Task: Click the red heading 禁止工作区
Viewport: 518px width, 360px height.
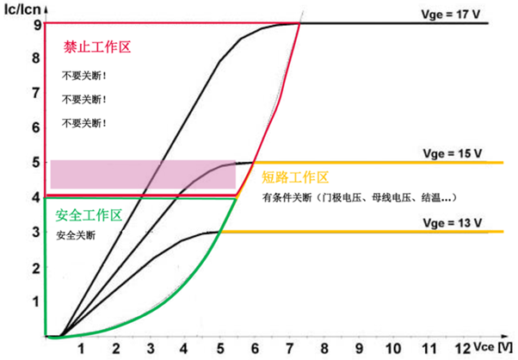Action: (96, 48)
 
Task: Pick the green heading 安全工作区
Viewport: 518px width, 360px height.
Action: (89, 215)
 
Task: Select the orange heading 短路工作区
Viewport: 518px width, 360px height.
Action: (295, 178)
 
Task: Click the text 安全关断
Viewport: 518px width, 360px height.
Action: (76, 235)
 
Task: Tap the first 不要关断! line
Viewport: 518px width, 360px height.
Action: (84, 76)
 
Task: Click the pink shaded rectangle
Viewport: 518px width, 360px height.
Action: (143, 174)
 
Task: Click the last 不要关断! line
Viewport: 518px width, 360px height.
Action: (84, 123)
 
